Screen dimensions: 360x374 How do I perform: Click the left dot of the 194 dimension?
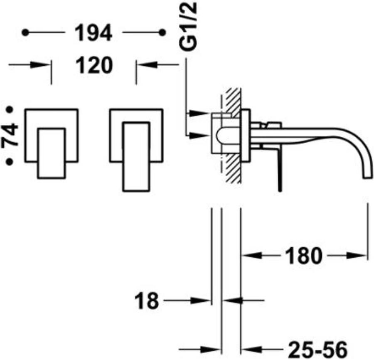point(26,32)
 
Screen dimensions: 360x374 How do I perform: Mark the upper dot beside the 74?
point(10,110)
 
